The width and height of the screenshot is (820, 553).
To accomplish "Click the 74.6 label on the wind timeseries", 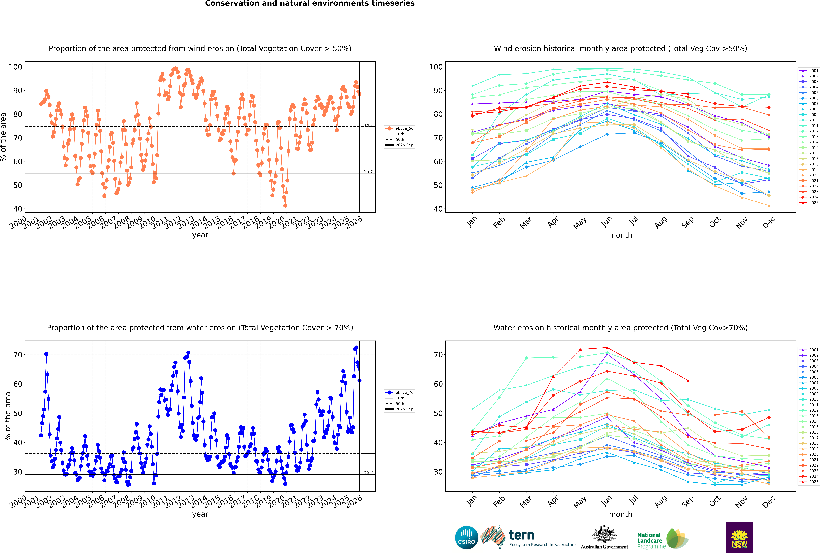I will pos(368,125).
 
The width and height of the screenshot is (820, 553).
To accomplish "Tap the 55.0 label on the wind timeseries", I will pos(368,172).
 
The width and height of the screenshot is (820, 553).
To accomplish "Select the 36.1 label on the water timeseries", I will pos(368,452).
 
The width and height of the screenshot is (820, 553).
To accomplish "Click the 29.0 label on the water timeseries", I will pos(368,473).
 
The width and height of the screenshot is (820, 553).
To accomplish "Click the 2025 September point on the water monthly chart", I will pos(688,381).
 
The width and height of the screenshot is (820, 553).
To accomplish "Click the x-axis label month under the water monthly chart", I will pos(620,514).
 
